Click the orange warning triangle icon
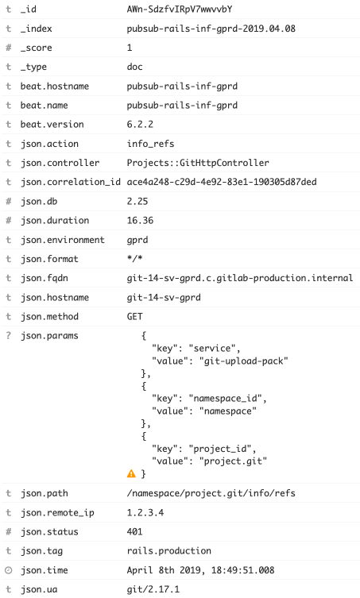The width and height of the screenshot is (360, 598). coord(131,473)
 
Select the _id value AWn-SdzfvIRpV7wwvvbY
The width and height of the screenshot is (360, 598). coord(180,10)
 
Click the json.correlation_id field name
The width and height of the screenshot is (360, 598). coord(71,182)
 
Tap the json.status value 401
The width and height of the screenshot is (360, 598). coord(135,531)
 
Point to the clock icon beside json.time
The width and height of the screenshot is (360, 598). coord(9,570)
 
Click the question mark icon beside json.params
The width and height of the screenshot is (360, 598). coord(9,336)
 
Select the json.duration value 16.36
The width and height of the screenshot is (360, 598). coord(140,221)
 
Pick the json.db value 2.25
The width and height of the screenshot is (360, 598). coord(137,201)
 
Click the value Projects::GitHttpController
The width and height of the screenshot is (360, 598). coord(198,163)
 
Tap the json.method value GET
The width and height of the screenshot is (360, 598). coord(135,317)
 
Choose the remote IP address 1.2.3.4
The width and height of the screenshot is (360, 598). coord(145,512)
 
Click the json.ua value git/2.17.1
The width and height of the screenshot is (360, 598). coord(153,589)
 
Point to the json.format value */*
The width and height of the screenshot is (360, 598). coord(135,259)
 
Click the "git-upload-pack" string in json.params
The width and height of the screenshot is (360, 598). coord(243,361)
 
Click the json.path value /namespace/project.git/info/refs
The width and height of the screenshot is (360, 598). coord(211,493)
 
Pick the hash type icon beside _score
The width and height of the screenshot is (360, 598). coord(9,48)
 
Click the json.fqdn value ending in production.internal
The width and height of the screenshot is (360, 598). coord(240,278)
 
